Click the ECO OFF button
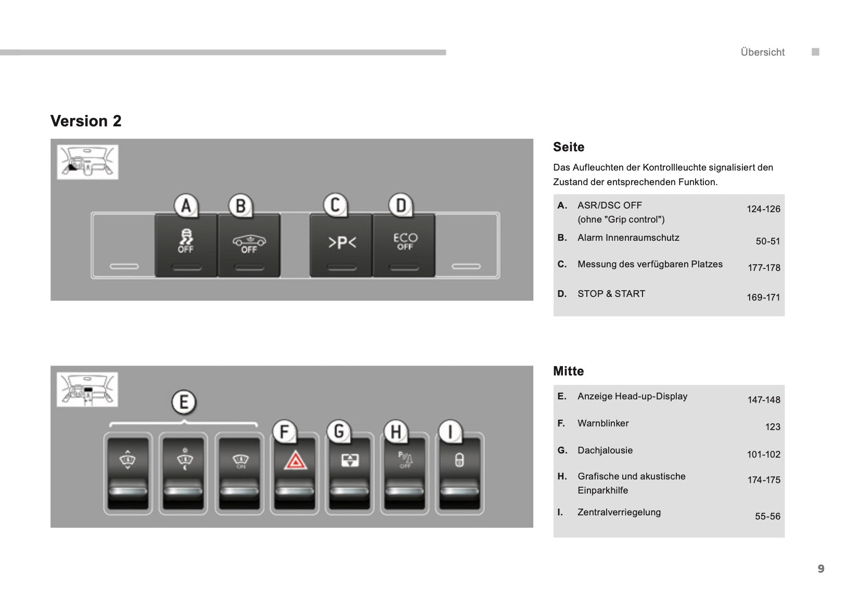point(404,245)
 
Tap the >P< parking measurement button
point(341,245)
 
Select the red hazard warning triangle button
point(295,473)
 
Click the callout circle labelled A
point(186,205)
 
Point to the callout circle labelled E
point(184,403)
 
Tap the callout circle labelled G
point(339,432)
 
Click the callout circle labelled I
point(450,432)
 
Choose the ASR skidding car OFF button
point(186,245)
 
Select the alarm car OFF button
point(249,245)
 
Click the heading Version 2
point(86,121)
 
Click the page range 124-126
point(763,209)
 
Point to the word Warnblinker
point(603,423)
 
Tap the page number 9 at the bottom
point(821,568)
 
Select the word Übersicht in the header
point(763,52)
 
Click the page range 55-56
point(767,516)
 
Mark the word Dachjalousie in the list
point(605,450)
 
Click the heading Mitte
point(568,371)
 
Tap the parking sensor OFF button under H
point(405,473)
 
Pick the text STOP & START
point(611,293)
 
